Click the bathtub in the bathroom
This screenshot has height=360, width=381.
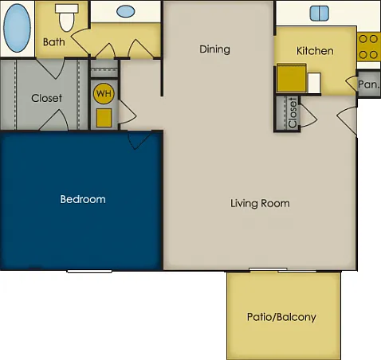click(17, 28)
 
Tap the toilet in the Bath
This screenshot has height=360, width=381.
click(67, 18)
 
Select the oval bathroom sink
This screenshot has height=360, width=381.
click(126, 11)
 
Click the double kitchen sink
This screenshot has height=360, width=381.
click(320, 13)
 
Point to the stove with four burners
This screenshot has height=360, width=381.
click(368, 47)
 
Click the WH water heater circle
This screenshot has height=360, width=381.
click(104, 93)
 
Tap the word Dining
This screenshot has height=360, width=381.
click(214, 49)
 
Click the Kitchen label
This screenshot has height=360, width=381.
click(315, 51)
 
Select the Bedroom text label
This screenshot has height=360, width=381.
click(83, 199)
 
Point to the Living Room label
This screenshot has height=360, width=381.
click(260, 203)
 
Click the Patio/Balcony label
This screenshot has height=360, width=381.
click(281, 317)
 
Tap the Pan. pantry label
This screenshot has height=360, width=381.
click(368, 84)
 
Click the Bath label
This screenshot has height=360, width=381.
click(54, 42)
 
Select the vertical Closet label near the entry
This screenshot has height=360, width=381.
click(293, 112)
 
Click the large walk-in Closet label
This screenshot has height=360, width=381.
click(46, 98)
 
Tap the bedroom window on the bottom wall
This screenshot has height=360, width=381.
click(89, 271)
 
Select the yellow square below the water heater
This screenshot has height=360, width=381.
click(104, 118)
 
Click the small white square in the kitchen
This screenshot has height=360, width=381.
click(314, 83)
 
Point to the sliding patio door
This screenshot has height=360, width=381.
click(283, 270)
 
